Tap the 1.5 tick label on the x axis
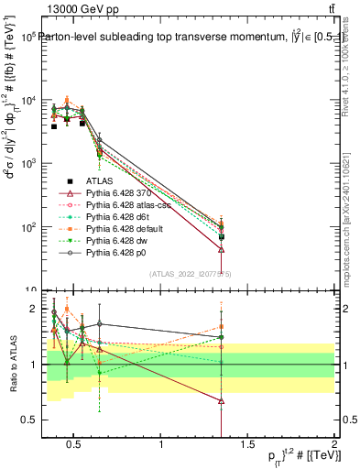coord(247,446)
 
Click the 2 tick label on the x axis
coord(333,446)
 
